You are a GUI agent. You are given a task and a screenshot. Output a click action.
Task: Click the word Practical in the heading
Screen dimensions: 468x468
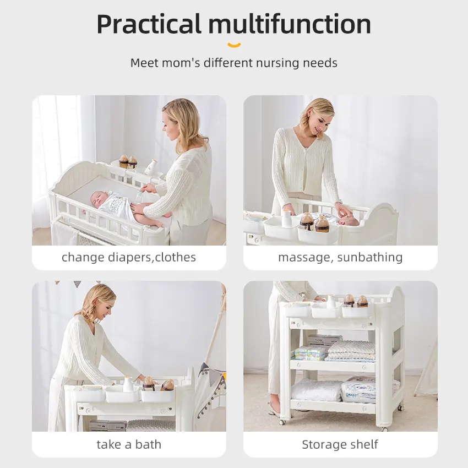[149, 24]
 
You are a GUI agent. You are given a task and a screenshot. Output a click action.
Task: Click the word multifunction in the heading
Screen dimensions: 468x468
[290, 24]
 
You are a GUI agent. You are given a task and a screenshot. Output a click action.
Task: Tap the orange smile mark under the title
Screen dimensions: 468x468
[234, 45]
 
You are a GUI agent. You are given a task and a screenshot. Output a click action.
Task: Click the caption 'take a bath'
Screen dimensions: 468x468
[129, 444]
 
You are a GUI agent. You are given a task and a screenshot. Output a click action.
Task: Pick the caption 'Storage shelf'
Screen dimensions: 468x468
[340, 444]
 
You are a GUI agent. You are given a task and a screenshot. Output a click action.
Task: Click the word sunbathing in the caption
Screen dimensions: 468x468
[370, 257]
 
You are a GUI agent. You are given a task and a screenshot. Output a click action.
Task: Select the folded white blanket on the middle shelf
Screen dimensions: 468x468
[351, 351]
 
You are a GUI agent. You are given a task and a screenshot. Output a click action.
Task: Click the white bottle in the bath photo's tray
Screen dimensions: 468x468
[128, 384]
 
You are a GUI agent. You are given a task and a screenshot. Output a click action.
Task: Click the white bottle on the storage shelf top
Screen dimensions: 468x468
[331, 302]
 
